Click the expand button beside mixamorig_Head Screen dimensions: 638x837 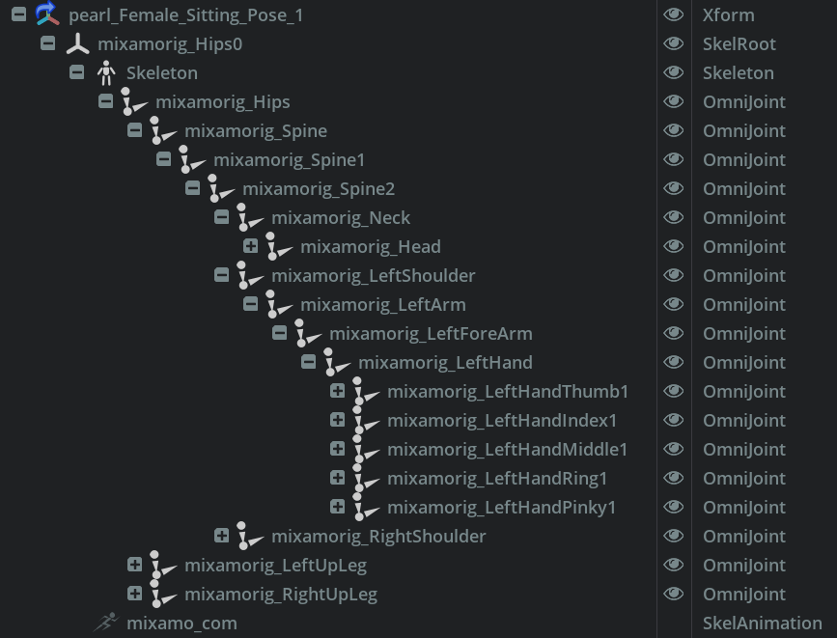(250, 246)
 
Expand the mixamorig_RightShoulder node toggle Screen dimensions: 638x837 (221, 536)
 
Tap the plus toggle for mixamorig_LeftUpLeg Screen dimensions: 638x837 (134, 565)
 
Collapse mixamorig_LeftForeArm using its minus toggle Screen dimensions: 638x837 (279, 333)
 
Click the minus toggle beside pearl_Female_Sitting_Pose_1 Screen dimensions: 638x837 (18, 14)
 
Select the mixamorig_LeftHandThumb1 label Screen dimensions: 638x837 (508, 391)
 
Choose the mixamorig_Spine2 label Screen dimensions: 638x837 (319, 188)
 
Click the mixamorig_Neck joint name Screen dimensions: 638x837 (341, 217)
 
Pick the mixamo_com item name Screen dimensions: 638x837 (181, 623)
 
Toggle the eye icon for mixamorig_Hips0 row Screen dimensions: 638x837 (674, 43)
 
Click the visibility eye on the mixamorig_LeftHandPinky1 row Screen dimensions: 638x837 (674, 507)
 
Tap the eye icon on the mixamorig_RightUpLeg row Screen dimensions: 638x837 (674, 594)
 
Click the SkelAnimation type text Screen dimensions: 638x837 (762, 623)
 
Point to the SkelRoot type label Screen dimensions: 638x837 (739, 43)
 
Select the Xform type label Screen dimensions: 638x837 (728, 14)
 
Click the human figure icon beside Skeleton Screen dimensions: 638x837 (106, 72)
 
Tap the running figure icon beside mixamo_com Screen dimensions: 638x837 (105, 623)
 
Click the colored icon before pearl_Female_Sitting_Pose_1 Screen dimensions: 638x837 (47, 14)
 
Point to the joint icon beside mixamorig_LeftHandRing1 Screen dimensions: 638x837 (364, 478)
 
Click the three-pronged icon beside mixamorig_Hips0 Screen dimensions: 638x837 (77, 44)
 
